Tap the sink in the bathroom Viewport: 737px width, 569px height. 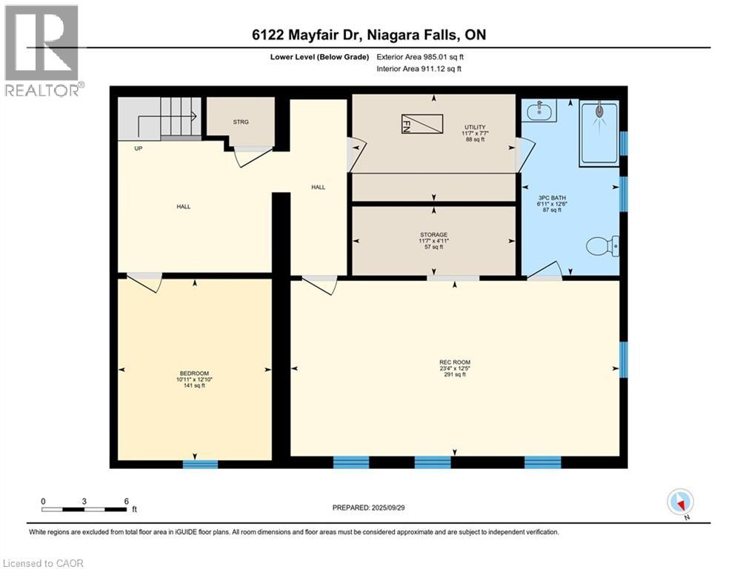pos(538,112)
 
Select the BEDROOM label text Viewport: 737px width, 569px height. pos(194,373)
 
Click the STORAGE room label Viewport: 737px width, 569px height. pos(433,235)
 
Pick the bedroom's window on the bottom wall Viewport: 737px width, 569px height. pos(201,465)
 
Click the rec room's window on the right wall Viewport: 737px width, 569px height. pos(623,356)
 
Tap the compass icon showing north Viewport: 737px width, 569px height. pos(679,502)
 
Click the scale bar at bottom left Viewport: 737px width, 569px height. pos(84,509)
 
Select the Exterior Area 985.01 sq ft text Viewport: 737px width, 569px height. pos(420,56)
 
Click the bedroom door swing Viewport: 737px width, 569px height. pos(144,282)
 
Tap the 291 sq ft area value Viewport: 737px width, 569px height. pos(453,375)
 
